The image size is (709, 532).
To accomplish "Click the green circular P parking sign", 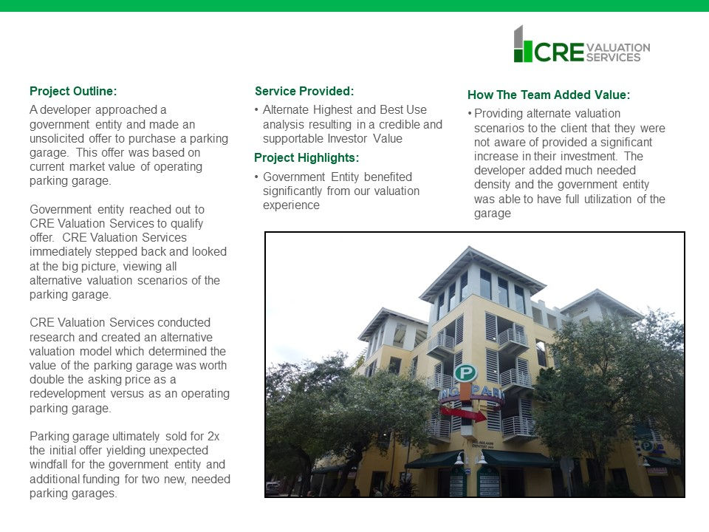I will click(x=465, y=372).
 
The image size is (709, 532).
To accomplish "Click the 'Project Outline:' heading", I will click(x=73, y=92).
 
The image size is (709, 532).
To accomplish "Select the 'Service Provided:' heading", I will click(x=304, y=92).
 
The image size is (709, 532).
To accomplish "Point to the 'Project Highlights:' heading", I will click(x=306, y=157).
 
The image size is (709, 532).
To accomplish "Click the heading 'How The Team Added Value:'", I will click(x=549, y=95).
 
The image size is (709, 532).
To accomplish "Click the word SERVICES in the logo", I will click(x=613, y=57).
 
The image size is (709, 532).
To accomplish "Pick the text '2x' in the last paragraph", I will click(x=212, y=437).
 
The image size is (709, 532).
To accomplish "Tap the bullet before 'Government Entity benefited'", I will click(x=256, y=177).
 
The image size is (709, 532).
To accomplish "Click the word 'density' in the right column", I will click(x=493, y=184).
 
